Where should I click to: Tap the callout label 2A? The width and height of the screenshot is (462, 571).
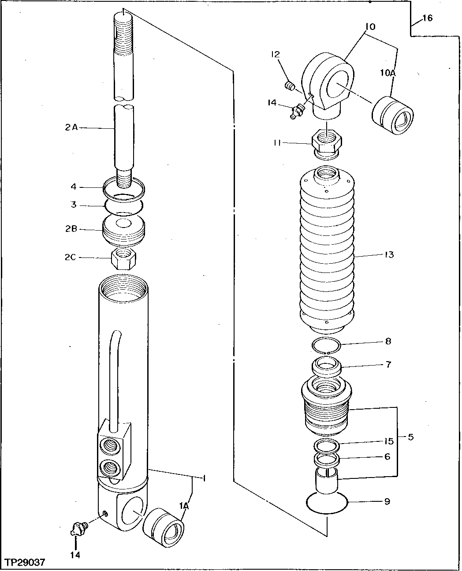[x=71, y=128]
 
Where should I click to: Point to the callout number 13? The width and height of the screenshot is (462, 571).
[x=389, y=255]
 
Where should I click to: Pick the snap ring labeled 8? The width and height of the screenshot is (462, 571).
[x=325, y=345]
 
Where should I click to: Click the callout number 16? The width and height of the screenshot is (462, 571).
[x=427, y=18]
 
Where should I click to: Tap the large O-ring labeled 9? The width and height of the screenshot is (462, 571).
[x=327, y=503]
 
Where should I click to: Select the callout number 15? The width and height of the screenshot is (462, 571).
[x=388, y=441]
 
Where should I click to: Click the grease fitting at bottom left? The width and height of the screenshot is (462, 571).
[x=78, y=528]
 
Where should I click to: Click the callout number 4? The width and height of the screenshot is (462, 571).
[x=74, y=187]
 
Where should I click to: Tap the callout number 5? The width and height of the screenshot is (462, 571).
[x=410, y=437]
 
